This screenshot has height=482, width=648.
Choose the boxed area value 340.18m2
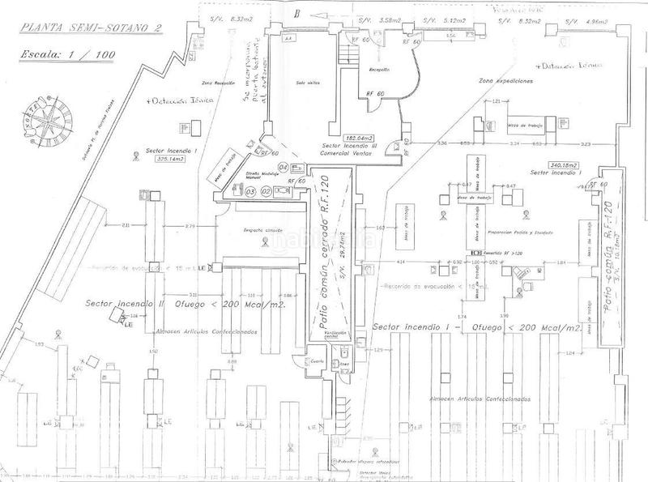[x=564, y=164]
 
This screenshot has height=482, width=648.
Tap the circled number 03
[x=251, y=191]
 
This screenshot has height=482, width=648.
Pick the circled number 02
[x=265, y=191]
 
